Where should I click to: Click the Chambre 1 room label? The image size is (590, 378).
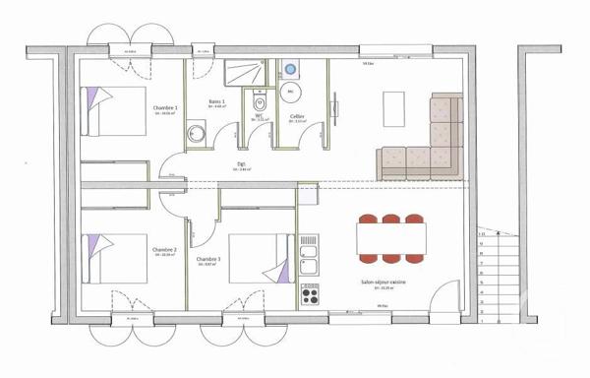click(x=163, y=108)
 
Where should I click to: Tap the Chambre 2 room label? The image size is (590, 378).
click(x=164, y=250)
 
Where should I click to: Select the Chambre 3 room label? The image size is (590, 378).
click(x=207, y=260)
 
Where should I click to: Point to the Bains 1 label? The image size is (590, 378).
click(x=217, y=102)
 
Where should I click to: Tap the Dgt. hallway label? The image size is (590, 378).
click(x=241, y=164)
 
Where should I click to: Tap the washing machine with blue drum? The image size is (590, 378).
click(x=291, y=69)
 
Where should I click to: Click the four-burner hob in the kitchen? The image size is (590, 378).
click(x=310, y=293)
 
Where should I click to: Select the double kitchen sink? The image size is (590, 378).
click(x=309, y=246)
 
